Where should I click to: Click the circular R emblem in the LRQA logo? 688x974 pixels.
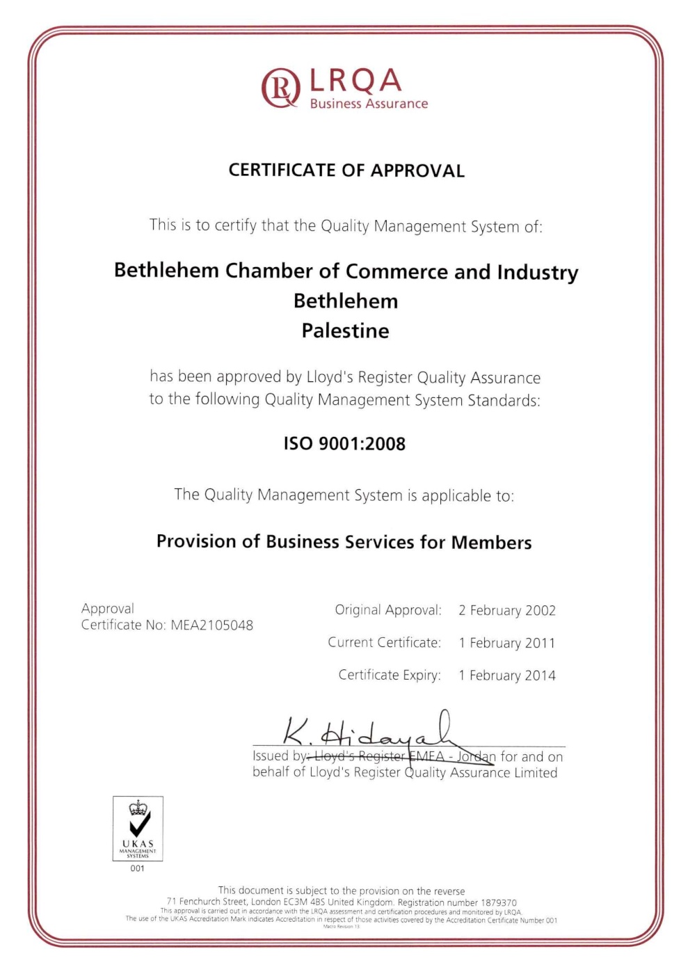pos(280,88)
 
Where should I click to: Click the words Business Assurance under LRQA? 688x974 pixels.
pos(369,104)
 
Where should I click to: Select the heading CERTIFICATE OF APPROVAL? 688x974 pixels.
pos(346,170)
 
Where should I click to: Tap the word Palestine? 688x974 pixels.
pos(345,330)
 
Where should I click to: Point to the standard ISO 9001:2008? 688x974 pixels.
pos(344,444)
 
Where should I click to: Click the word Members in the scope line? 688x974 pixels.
pos(491,542)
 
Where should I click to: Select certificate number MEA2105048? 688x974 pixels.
pos(212,625)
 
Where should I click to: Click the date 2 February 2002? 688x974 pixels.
pos(507,611)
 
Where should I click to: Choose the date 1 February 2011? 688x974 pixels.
pos(507,643)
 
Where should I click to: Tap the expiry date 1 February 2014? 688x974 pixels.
pos(507,676)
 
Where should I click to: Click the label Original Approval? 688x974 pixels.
pos(388,610)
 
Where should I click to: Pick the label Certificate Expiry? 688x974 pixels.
pos(390,675)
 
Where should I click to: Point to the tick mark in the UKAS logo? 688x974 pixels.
pos(139,825)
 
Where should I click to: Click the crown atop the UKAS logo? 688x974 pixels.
pos(138,808)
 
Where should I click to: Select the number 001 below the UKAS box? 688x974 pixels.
pos(138,868)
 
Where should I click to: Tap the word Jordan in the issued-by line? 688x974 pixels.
pos(477,757)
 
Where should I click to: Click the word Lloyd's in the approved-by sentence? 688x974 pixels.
pos(328,377)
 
